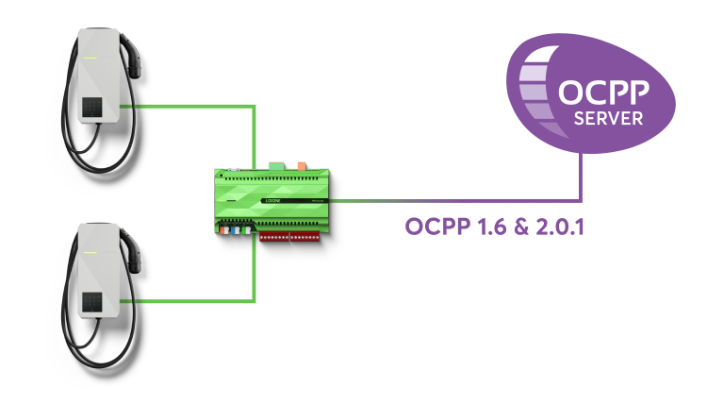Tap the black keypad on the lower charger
pos(94,300)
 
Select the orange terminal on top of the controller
pos(301,165)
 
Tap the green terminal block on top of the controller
pos(274,165)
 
